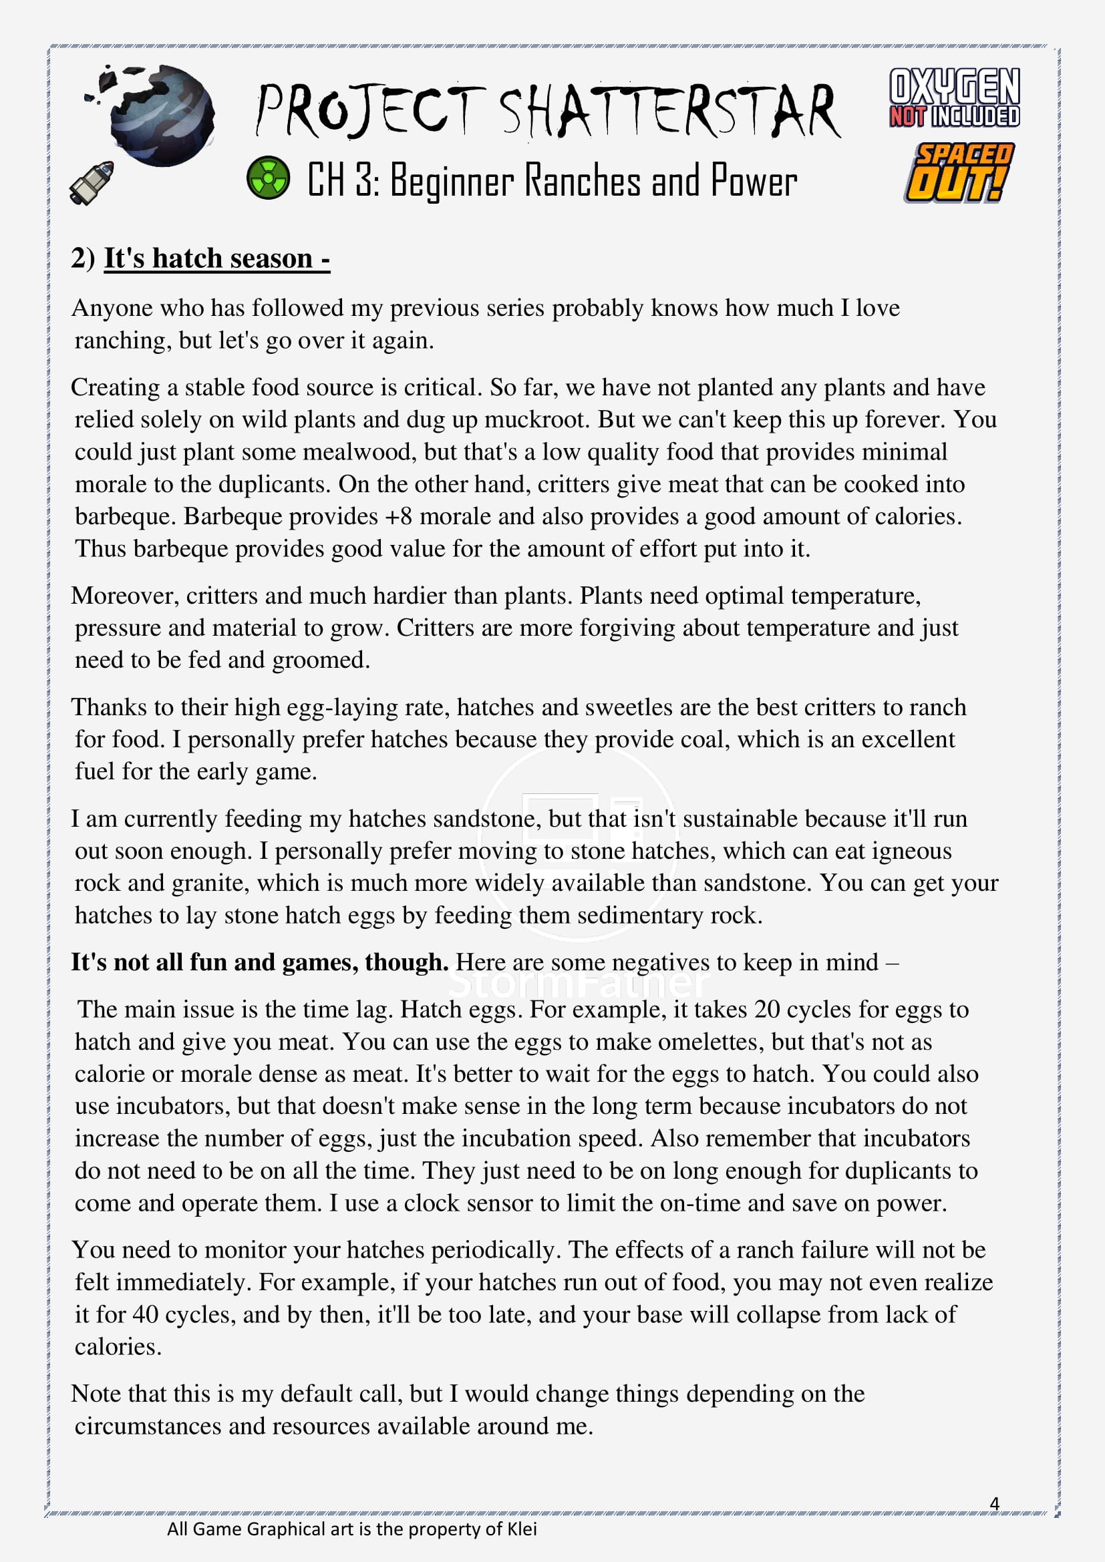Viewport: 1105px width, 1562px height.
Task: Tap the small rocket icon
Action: click(x=91, y=182)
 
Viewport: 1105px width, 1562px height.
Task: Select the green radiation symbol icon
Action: click(x=267, y=178)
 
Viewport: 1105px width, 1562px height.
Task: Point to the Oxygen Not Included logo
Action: click(x=954, y=98)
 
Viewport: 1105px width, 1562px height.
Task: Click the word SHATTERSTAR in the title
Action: click(x=669, y=112)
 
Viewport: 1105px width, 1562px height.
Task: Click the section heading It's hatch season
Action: click(x=216, y=258)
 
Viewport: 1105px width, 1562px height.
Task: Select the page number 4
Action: click(x=994, y=1503)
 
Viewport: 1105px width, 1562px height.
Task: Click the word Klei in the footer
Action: click(x=522, y=1529)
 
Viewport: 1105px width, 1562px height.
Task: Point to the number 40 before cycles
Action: click(x=145, y=1314)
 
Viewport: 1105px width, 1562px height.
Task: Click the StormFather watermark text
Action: click(x=579, y=984)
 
